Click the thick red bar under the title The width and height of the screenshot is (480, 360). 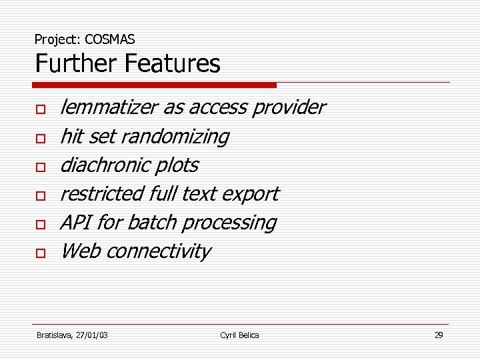pyautogui.click(x=155, y=85)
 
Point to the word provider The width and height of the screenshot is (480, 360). pyautogui.click(x=288, y=107)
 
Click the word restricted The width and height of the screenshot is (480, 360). pyautogui.click(x=97, y=194)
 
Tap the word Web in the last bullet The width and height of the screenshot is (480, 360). pyautogui.click(x=79, y=251)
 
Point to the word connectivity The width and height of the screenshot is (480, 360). pyautogui.click(x=158, y=251)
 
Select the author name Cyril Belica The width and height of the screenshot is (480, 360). pyautogui.click(x=239, y=335)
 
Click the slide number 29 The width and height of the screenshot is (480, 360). pyautogui.click(x=439, y=335)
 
